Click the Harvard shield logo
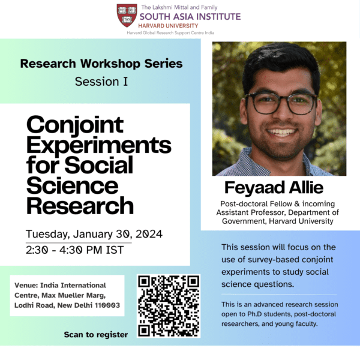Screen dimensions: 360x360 (x=127, y=15)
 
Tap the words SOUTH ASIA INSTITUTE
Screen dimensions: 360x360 (x=190, y=17)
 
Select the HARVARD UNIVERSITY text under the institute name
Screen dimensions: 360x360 (x=168, y=26)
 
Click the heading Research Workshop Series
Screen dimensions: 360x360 (x=101, y=64)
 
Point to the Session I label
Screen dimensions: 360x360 (x=101, y=82)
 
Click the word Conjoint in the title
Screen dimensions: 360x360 (x=75, y=125)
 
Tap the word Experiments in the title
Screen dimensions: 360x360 (x=99, y=145)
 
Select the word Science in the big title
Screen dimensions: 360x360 (x=73, y=185)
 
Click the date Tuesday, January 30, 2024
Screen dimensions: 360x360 (x=94, y=234)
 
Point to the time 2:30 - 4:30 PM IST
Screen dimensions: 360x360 (x=74, y=250)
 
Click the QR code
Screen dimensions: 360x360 (x=169, y=306)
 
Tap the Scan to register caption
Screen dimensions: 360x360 (x=96, y=335)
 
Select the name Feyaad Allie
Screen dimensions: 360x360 (x=274, y=188)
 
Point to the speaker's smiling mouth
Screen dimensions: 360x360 (x=281, y=132)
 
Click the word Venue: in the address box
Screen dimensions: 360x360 (x=26, y=286)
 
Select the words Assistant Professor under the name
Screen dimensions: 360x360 (x=251, y=212)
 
